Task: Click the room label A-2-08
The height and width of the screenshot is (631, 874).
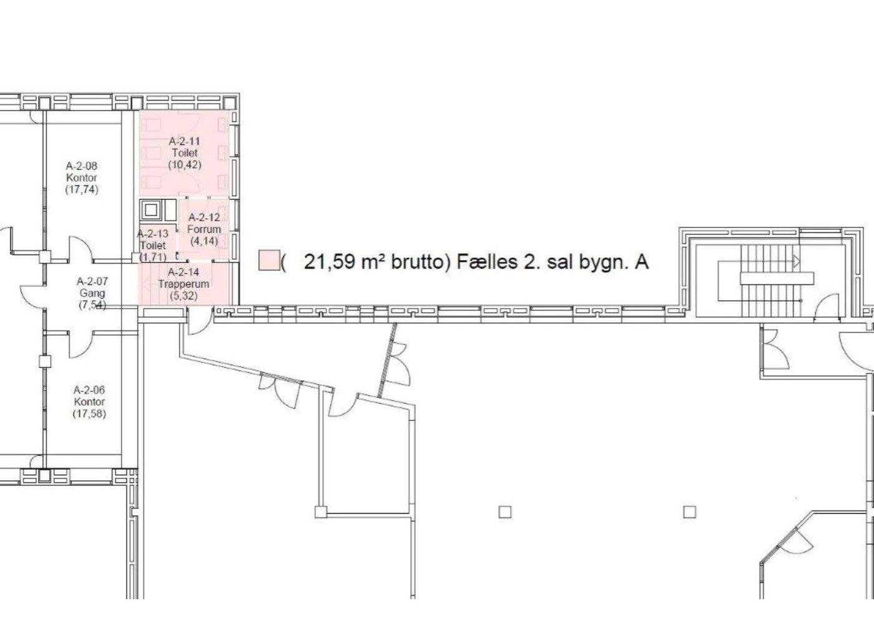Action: pyautogui.click(x=82, y=166)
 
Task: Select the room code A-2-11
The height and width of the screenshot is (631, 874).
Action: pyautogui.click(x=184, y=141)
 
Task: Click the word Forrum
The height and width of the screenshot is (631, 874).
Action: pyautogui.click(x=204, y=229)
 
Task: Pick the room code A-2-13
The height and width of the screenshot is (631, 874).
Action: pyautogui.click(x=152, y=234)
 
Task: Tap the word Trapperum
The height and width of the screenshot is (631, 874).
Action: pyautogui.click(x=184, y=284)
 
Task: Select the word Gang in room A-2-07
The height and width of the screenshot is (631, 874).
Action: pyautogui.click(x=92, y=293)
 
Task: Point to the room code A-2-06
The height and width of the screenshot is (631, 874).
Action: pyautogui.click(x=89, y=390)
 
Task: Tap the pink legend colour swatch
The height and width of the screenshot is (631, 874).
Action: pyautogui.click(x=269, y=260)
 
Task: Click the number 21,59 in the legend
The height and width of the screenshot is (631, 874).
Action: pyautogui.click(x=330, y=262)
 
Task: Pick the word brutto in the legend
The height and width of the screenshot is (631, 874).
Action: pyautogui.click(x=418, y=262)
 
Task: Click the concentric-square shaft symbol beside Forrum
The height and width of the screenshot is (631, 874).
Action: pyautogui.click(x=150, y=211)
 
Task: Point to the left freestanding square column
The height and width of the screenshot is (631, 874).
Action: pyautogui.click(x=505, y=512)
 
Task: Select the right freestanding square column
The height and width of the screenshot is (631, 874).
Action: pyautogui.click(x=689, y=512)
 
